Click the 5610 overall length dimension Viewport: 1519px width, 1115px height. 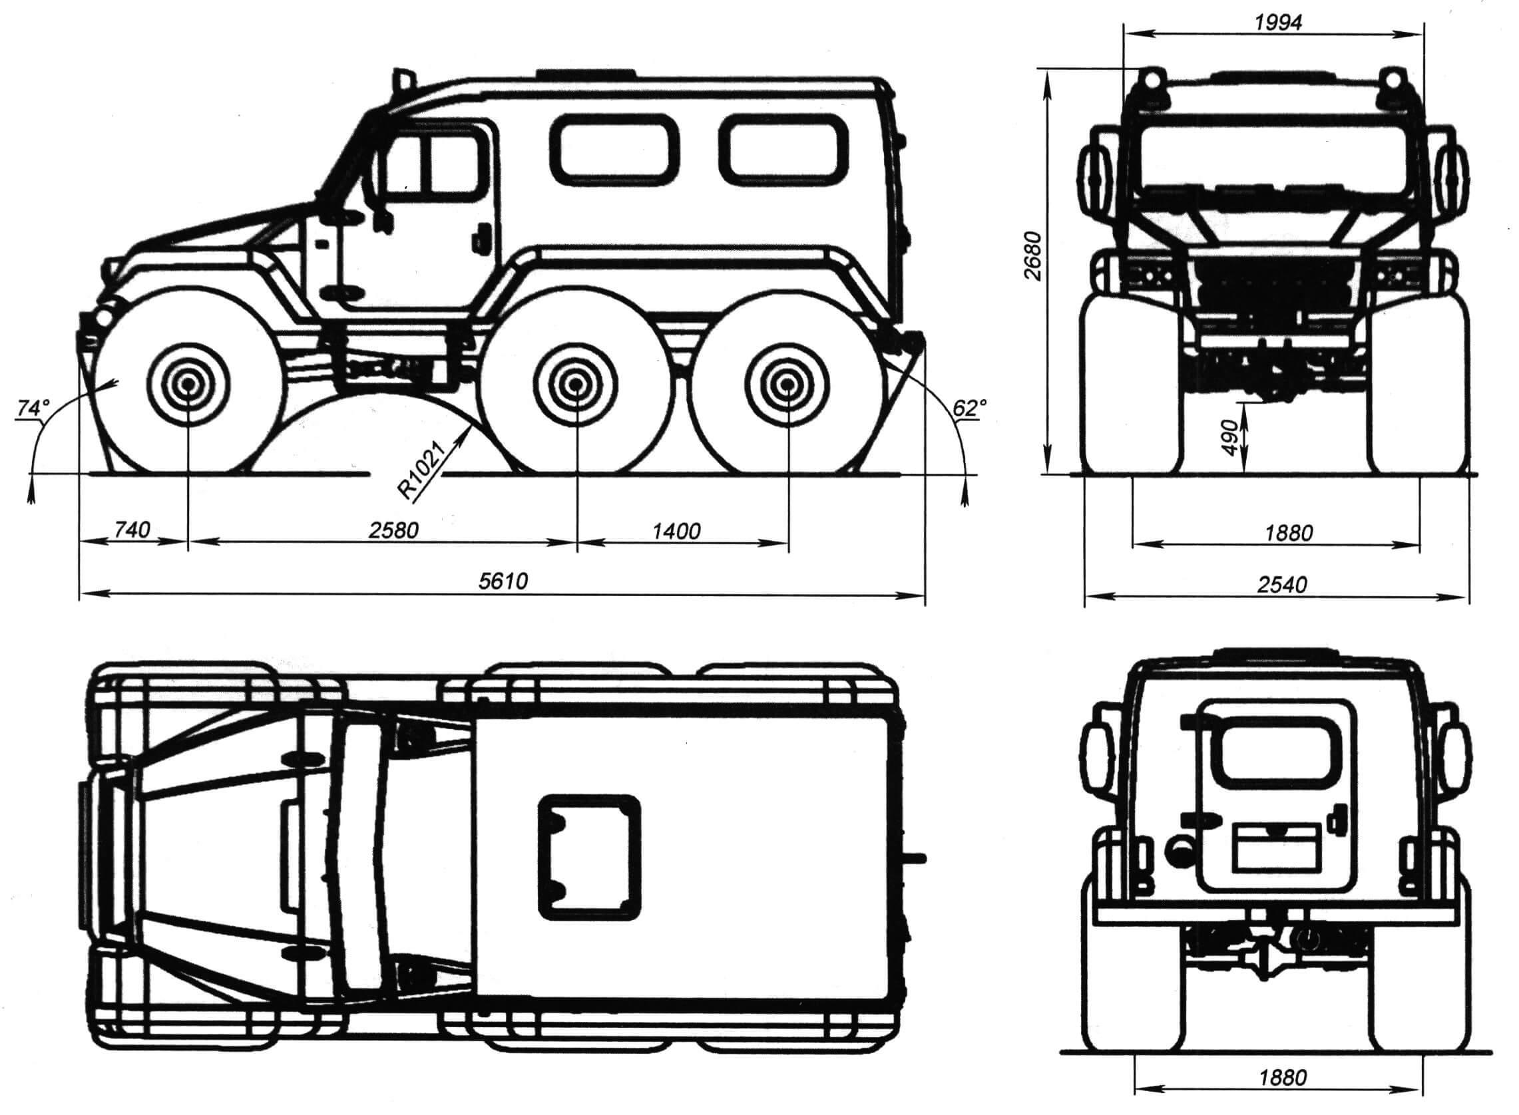pyautogui.click(x=503, y=580)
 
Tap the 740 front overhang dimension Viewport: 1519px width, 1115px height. pyautogui.click(x=132, y=530)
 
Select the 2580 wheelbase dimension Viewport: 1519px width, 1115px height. pyautogui.click(x=393, y=530)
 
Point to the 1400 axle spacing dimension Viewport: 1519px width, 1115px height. pyautogui.click(x=676, y=531)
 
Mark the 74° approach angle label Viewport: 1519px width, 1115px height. pyautogui.click(x=34, y=408)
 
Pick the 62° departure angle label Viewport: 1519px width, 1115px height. pyautogui.click(x=969, y=408)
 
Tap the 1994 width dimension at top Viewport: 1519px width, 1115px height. pyautogui.click(x=1278, y=22)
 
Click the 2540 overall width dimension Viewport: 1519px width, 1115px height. pyautogui.click(x=1281, y=585)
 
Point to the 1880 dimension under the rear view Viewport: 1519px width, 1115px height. pyautogui.click(x=1282, y=1096)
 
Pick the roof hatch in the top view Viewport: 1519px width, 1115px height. pyautogui.click(x=588, y=857)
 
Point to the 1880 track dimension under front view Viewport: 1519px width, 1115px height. pyautogui.click(x=1288, y=533)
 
